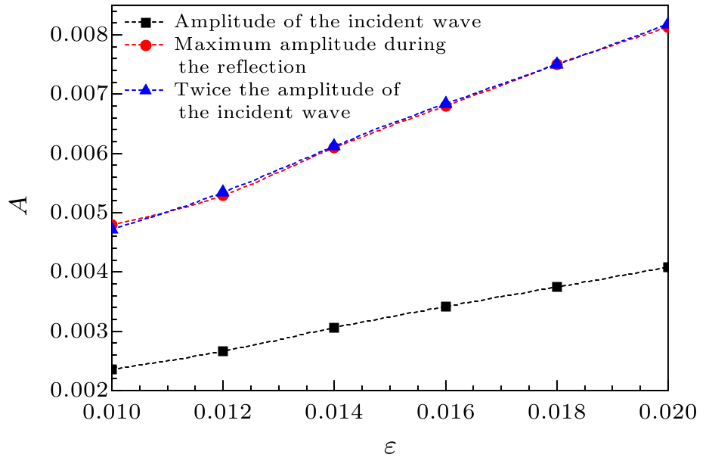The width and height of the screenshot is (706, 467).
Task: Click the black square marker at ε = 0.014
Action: pos(334,328)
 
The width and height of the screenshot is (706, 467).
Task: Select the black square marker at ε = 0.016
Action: pos(446,307)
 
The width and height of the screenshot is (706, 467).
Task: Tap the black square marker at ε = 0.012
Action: pos(223,351)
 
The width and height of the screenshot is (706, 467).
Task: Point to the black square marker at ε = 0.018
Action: pos(557,287)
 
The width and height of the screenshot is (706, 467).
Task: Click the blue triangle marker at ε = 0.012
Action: pos(223,191)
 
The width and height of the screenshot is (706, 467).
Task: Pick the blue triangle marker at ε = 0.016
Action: pos(446,102)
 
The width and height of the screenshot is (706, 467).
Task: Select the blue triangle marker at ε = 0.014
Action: pos(334,145)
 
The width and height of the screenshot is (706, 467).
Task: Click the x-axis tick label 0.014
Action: pos(334,414)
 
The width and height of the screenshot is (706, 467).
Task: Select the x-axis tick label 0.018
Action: pos(557,414)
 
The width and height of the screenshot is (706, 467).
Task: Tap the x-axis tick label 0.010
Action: pos(112,414)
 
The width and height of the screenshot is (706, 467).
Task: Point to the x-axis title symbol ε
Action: pos(389,447)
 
